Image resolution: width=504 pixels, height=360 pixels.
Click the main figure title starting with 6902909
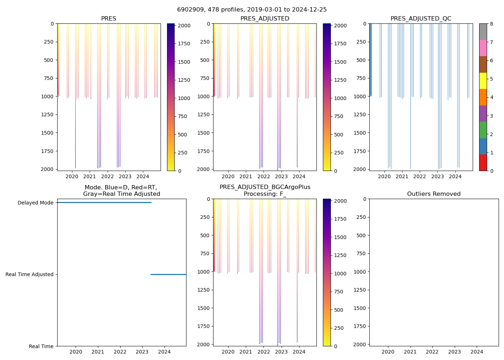252,10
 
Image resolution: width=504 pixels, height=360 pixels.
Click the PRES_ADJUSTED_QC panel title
420,19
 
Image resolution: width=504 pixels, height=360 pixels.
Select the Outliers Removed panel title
433,194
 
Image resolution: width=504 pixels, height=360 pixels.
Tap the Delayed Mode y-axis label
35,203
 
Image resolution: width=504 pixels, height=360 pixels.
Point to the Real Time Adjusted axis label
30,274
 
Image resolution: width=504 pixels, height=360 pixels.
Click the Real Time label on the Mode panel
41,346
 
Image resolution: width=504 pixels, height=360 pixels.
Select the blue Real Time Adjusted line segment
168,274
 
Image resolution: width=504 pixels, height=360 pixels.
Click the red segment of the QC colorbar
483,162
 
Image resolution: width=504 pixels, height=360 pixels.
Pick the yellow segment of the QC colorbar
483,81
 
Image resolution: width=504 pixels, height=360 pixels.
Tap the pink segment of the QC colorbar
483,48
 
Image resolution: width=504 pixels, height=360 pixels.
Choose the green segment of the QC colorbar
483,130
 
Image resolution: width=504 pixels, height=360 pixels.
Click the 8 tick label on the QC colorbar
491,24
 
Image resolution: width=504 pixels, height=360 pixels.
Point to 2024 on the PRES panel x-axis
143,176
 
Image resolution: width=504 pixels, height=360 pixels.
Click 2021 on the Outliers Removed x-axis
410,352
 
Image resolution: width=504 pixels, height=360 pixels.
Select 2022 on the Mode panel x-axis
120,352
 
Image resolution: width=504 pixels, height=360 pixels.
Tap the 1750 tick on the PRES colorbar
183,44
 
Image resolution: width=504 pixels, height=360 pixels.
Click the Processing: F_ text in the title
265,194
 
